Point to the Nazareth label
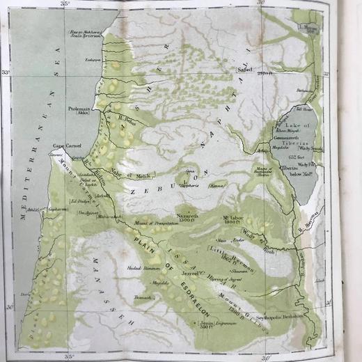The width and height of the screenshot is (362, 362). [x=189, y=217]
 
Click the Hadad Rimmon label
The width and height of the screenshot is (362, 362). [x=139, y=267]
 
